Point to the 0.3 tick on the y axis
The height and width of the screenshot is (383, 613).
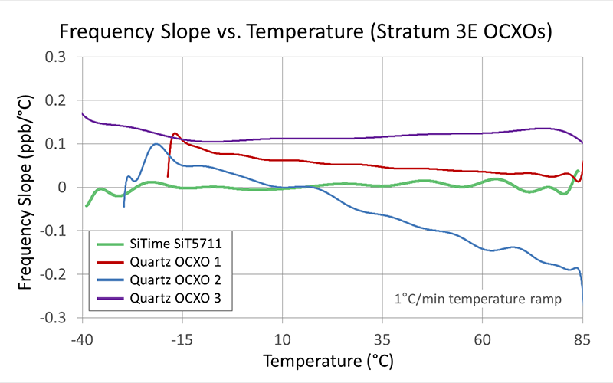click(x=56, y=57)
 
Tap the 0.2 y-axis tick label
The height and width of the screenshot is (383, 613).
click(x=56, y=100)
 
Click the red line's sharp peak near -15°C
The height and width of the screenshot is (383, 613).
click(x=175, y=133)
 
